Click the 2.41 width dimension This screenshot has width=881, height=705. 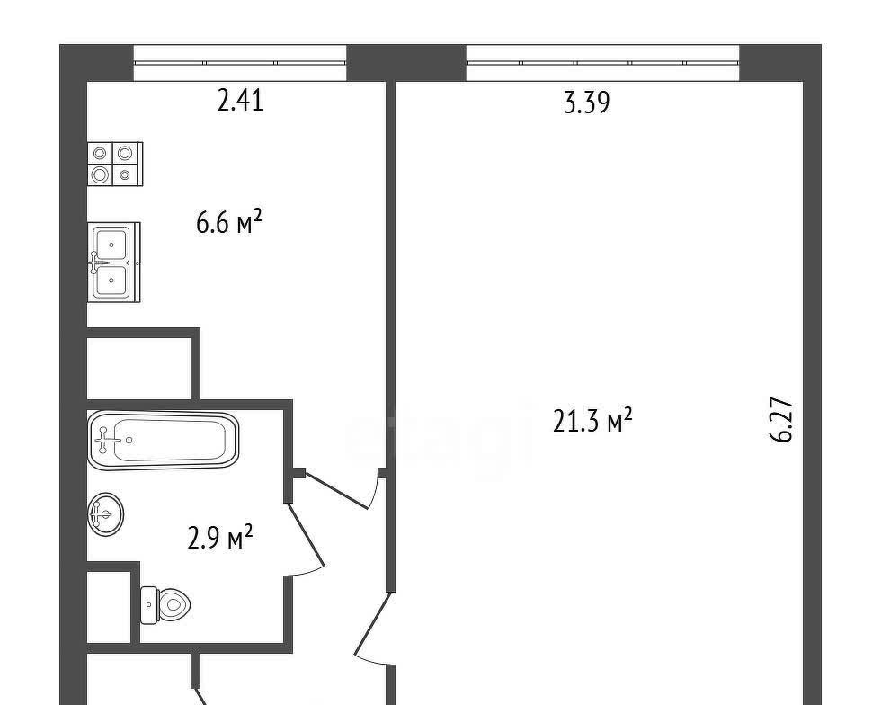pyautogui.click(x=240, y=102)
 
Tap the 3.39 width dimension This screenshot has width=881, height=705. pyautogui.click(x=586, y=103)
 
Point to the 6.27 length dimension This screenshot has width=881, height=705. pyautogui.click(x=781, y=420)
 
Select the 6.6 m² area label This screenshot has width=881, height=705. pyautogui.click(x=228, y=222)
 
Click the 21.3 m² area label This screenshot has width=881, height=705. pyautogui.click(x=592, y=421)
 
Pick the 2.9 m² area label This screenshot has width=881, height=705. pyautogui.click(x=219, y=538)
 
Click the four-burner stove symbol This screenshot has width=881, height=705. pyautogui.click(x=115, y=164)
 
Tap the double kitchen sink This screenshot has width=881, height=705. pyautogui.click(x=114, y=262)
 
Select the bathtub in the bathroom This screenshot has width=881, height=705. pyautogui.click(x=163, y=441)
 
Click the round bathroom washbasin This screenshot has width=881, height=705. pyautogui.click(x=106, y=513)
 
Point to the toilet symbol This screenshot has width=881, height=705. pyautogui.click(x=165, y=605)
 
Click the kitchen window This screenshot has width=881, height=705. pyautogui.click(x=240, y=63)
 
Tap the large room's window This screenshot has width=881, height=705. pyautogui.click(x=602, y=63)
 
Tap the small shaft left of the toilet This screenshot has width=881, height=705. pyautogui.click(x=109, y=607)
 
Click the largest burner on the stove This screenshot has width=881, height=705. pyautogui.click(x=101, y=174)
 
